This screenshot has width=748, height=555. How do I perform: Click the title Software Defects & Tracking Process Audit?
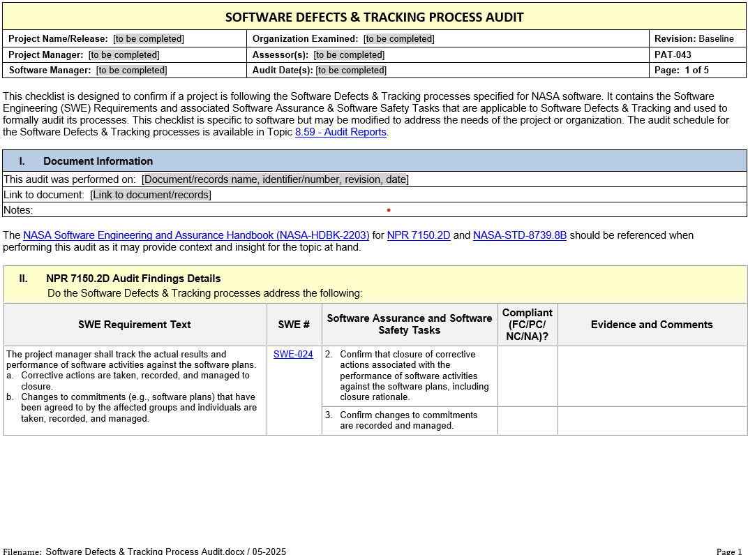pos(374,17)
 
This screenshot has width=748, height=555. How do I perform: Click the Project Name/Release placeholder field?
pos(149,39)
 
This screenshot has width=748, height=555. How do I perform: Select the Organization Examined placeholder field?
pos(399,39)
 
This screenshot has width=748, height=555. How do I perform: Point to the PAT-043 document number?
pos(673,54)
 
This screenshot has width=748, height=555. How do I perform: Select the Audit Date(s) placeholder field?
pos(351,70)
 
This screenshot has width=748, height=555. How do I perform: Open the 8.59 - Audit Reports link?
pos(341,132)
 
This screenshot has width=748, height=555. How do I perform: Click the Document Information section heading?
pos(98,161)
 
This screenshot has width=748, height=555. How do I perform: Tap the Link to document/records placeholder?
pos(151,195)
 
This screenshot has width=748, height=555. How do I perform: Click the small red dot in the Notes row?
pos(389,209)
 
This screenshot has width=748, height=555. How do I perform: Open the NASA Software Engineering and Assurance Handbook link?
pos(196,235)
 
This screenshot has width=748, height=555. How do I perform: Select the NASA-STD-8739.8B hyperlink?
pos(520,235)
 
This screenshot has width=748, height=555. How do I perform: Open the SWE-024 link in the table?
pos(293,354)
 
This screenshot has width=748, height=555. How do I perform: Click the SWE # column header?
pos(294,325)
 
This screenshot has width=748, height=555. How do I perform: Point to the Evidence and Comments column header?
pos(652,325)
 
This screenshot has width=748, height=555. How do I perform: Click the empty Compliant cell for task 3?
pos(528,420)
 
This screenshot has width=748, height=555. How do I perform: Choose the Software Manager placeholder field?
pos(132,70)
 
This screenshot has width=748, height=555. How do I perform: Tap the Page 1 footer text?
pos(729,552)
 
